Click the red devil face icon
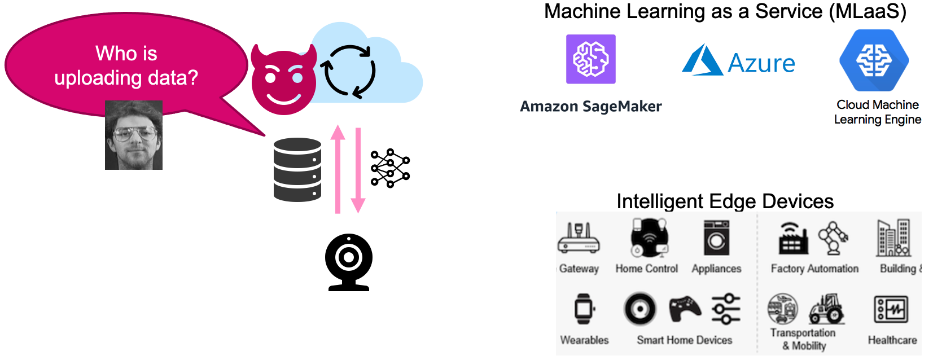click(x=283, y=81)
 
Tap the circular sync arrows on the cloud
click(x=348, y=72)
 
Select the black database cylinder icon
click(x=297, y=169)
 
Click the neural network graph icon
click(x=390, y=168)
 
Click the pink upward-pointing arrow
click(x=338, y=169)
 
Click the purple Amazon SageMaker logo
click(x=591, y=59)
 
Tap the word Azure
click(x=761, y=63)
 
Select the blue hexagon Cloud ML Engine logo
click(x=874, y=60)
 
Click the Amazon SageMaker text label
click(x=591, y=106)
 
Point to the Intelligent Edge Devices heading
click(x=725, y=201)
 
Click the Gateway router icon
click(x=579, y=239)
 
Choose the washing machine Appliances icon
click(x=717, y=238)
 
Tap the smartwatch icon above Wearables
click(x=584, y=309)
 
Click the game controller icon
click(x=685, y=310)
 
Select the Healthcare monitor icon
click(x=891, y=309)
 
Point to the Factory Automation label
click(x=814, y=269)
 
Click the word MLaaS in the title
click(x=868, y=11)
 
